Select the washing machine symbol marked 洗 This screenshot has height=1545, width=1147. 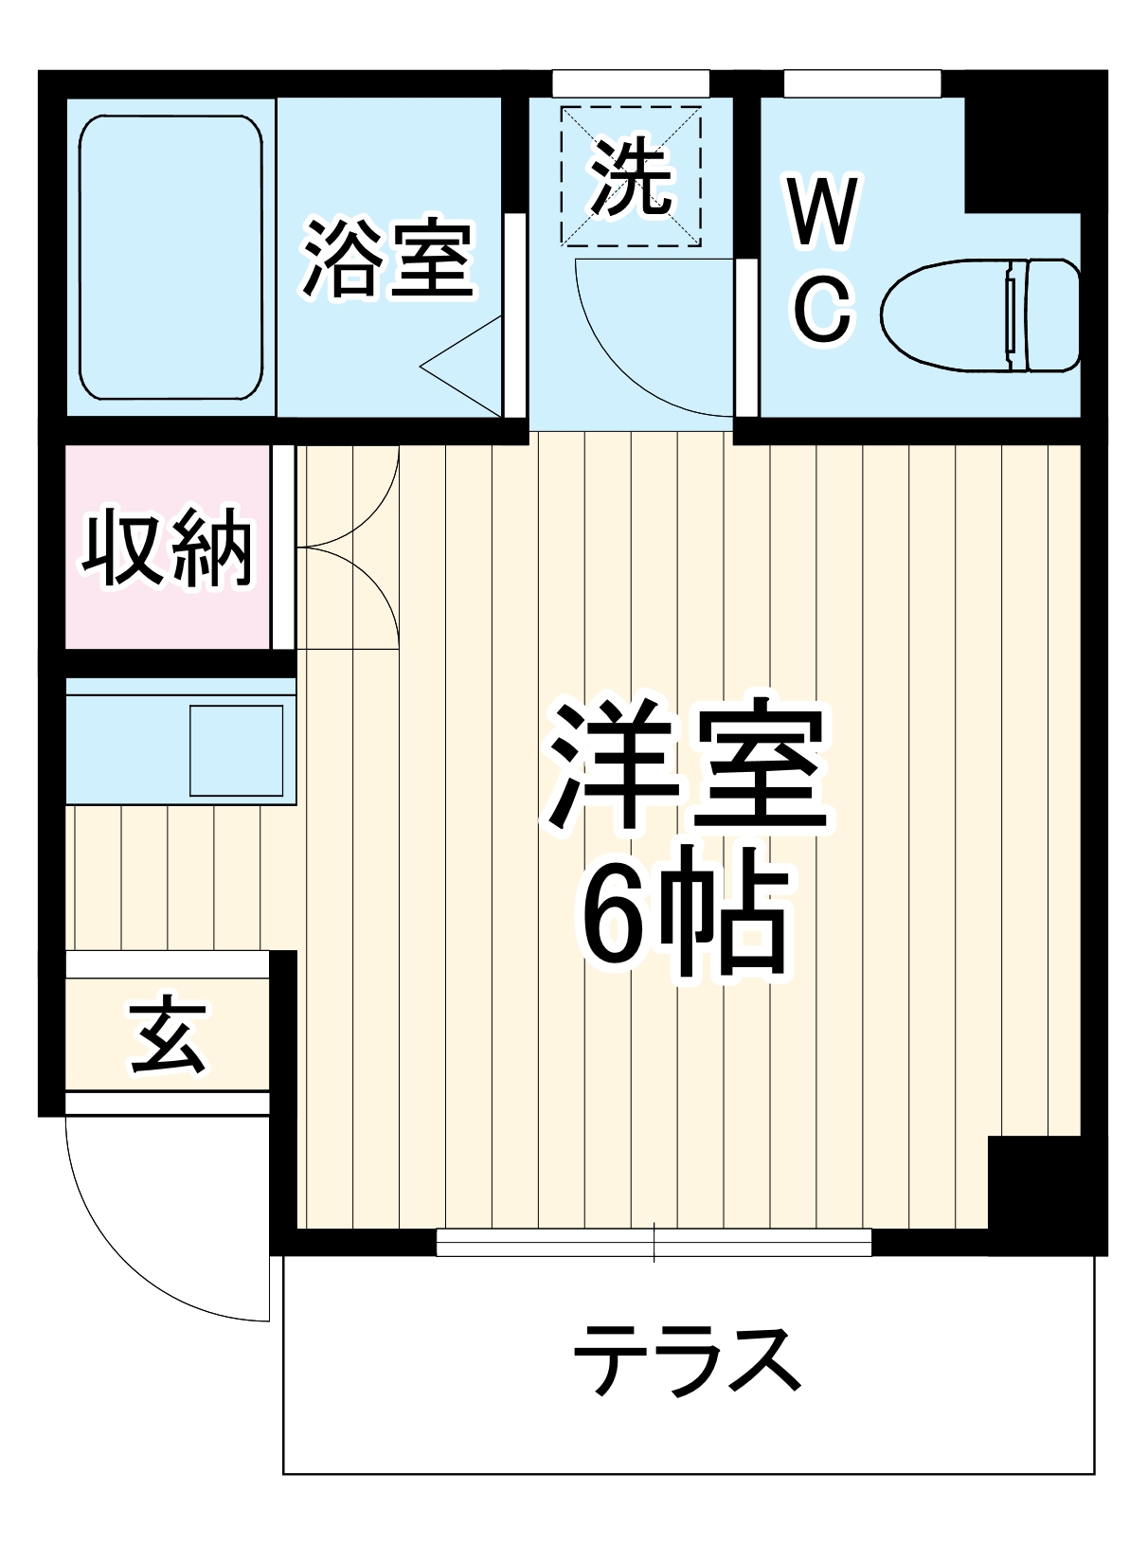(631, 176)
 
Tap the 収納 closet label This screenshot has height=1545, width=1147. (167, 549)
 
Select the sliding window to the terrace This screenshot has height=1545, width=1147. (654, 1242)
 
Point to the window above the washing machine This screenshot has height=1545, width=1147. (631, 82)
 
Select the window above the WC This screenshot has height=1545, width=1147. (862, 82)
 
